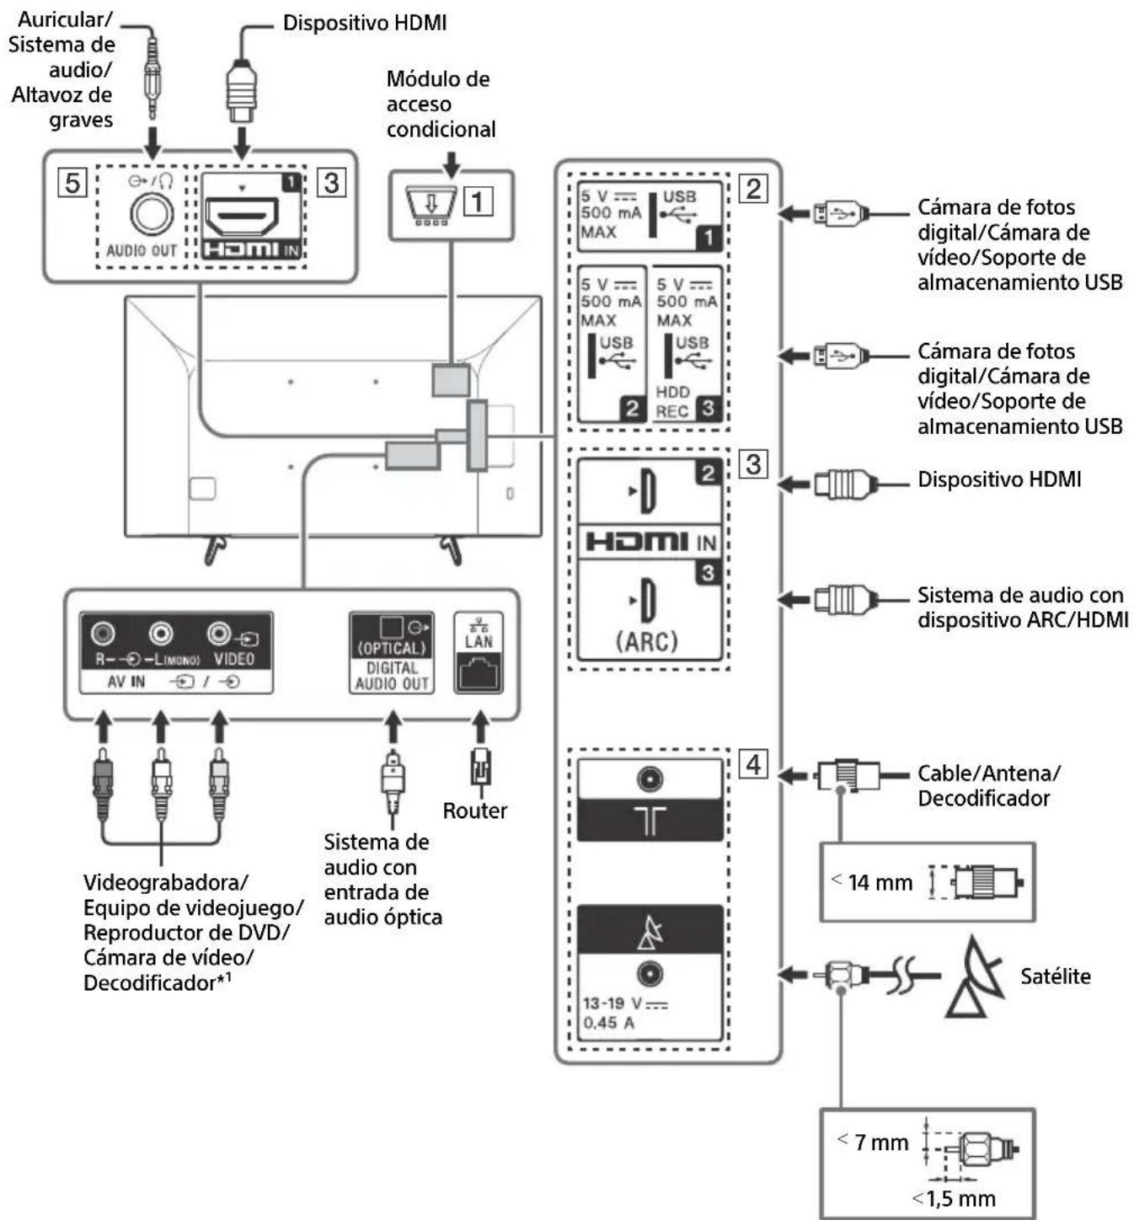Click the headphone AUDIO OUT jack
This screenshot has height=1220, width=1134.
[x=152, y=214]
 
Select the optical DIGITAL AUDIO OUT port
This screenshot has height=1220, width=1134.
[x=393, y=629]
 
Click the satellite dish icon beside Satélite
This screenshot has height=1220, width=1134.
[x=976, y=977]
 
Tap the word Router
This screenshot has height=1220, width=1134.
[x=475, y=811]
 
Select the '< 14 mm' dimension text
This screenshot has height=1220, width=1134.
[x=873, y=882]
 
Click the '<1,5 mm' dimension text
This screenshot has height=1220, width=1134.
[x=955, y=1198]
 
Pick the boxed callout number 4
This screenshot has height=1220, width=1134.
[x=753, y=764]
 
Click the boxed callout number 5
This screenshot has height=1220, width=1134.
[x=72, y=182]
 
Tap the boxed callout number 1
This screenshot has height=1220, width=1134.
[x=479, y=201]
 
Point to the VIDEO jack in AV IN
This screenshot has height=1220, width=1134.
[x=220, y=633]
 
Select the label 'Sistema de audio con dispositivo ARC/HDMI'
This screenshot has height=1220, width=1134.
[x=1022, y=607]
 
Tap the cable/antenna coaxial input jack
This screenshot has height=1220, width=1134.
[x=650, y=779]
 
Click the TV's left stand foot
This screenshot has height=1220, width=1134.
[x=215, y=548]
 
